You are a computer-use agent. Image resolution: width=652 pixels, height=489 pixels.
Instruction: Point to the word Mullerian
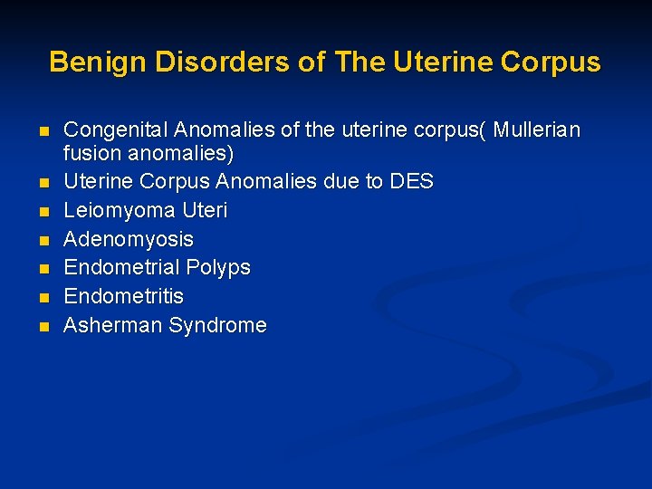[538, 130]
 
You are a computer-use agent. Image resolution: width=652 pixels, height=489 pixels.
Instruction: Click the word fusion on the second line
[91, 154]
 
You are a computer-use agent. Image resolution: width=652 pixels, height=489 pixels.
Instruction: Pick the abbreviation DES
[411, 182]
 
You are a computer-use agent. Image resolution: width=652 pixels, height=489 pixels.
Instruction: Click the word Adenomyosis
[129, 240]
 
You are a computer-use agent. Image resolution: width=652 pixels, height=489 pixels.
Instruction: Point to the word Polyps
[218, 268]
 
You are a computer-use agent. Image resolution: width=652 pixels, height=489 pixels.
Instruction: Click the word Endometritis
[123, 297]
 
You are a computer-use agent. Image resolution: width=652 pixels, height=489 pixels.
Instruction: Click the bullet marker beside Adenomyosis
[43, 241]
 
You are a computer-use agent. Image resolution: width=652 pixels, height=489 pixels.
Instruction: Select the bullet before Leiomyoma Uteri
[43, 212]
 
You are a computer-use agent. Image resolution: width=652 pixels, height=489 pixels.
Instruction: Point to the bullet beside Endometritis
[43, 298]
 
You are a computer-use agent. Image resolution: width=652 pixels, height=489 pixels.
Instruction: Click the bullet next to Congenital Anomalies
[43, 132]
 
